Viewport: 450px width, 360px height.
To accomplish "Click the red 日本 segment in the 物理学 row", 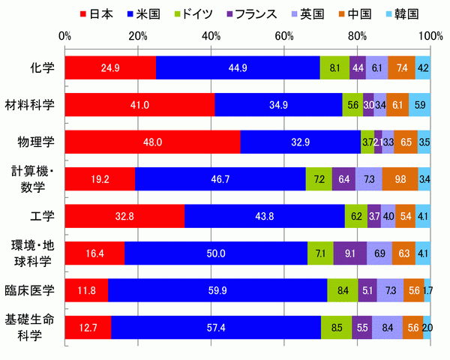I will (153, 142).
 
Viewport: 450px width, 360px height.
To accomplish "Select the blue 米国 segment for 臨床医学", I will (217, 290).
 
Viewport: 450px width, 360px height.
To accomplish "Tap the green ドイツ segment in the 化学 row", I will (334, 67).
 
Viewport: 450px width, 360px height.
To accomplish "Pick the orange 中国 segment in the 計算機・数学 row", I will (399, 179).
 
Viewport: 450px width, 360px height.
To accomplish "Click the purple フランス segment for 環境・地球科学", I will (350, 253).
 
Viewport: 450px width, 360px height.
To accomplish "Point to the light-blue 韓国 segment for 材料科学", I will (420, 105).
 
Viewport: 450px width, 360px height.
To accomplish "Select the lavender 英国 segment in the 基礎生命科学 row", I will (387, 328).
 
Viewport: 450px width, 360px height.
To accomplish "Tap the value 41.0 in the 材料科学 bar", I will (140, 105).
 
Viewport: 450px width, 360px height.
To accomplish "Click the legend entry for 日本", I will (97, 13).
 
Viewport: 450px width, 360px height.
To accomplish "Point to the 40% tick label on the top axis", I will (211, 35).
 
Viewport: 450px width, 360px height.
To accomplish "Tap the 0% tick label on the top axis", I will (64, 35).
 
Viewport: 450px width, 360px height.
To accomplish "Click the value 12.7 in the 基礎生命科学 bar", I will (88, 328).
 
